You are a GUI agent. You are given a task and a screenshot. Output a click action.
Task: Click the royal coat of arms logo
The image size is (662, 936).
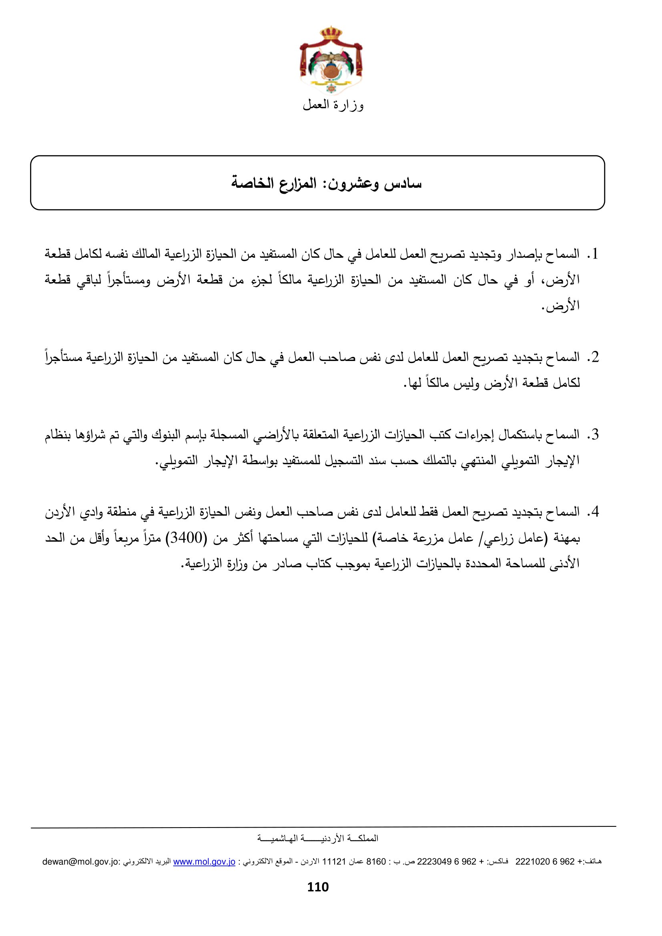[x=331, y=61]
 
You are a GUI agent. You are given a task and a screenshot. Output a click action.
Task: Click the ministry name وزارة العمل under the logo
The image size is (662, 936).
[x=333, y=105]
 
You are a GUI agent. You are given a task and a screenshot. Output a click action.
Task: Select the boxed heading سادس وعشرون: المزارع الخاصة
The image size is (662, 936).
[x=326, y=183]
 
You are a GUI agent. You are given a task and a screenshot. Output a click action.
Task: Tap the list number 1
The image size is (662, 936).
[x=595, y=254]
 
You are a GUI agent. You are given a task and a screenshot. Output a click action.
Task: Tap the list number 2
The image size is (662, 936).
[x=595, y=357]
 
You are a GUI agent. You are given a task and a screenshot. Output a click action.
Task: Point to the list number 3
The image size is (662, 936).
[x=595, y=435]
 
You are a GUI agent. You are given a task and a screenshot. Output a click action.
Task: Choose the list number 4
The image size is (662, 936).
[x=595, y=512]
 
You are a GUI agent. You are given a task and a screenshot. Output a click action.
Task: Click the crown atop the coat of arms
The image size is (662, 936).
[x=331, y=32]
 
